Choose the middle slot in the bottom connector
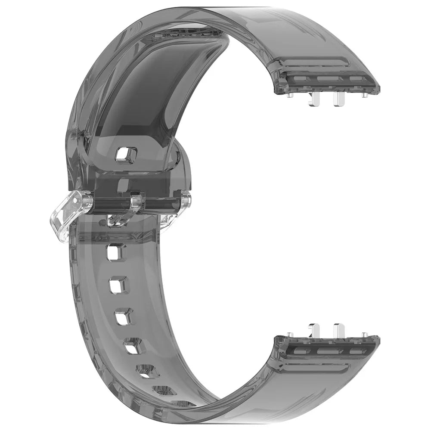pos(327,350)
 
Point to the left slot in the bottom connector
pos(297,350)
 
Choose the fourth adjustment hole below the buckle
pos(133,346)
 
